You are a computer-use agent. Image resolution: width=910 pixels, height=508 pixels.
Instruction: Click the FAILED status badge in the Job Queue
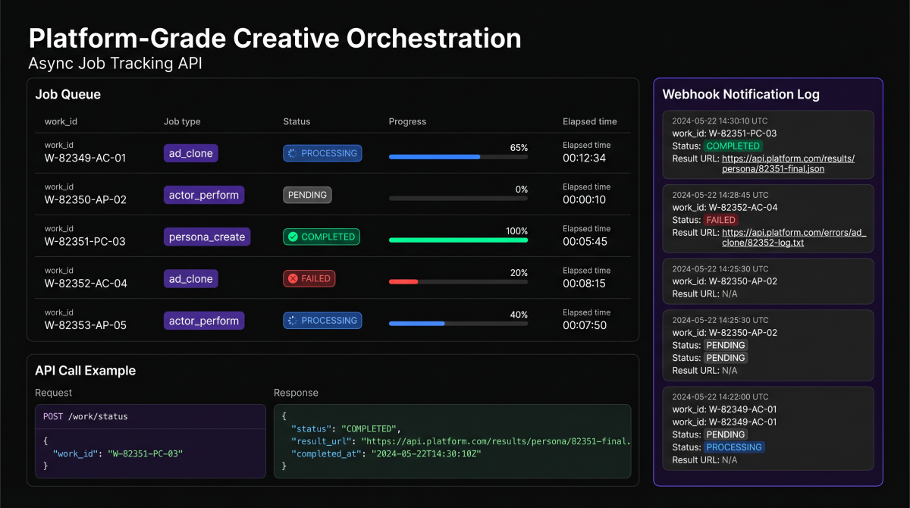309,279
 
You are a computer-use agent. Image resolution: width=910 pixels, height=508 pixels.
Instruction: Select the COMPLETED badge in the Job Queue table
322,237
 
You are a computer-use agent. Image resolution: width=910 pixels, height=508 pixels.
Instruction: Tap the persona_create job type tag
207,237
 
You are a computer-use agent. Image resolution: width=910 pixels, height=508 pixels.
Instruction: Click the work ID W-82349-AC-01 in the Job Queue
85,158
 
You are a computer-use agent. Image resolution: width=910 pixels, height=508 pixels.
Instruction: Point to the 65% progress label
519,148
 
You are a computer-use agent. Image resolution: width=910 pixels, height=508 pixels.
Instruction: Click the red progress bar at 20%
403,281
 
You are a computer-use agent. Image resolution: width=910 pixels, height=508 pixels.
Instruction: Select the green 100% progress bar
458,240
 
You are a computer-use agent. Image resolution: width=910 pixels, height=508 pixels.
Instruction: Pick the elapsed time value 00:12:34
584,158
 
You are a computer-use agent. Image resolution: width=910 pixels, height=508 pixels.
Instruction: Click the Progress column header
407,121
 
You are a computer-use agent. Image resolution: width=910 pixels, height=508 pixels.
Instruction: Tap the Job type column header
182,121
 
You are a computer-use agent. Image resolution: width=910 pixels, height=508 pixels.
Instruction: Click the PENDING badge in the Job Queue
307,195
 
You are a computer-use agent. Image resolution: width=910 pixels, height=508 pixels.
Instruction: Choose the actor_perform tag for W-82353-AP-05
204,321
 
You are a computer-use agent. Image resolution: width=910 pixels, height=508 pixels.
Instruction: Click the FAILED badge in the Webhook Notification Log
720,220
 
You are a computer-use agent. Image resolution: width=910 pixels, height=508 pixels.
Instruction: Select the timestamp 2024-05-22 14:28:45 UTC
720,195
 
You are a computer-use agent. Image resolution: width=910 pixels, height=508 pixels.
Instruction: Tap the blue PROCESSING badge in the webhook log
734,447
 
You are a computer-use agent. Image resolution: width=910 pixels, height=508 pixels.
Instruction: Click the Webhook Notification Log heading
740,95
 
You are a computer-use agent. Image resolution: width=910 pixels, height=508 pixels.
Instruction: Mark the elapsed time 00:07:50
584,325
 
